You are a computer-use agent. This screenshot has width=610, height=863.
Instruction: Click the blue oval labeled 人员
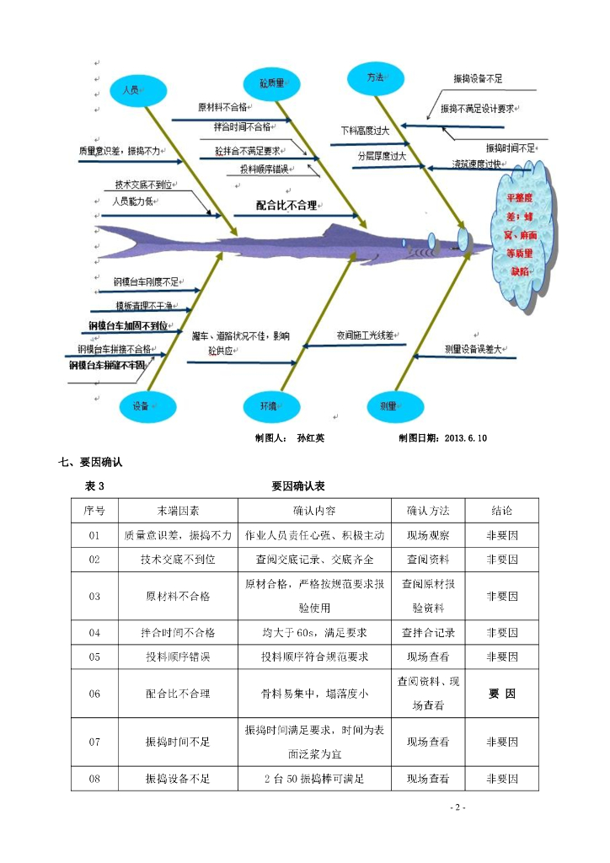(132, 89)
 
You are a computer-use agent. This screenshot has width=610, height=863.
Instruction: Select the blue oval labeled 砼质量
(271, 83)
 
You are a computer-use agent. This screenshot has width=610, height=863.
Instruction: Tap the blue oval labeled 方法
(376, 78)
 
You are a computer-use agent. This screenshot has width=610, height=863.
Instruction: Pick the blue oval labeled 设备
(142, 406)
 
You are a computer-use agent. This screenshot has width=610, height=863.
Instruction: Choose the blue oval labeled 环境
(270, 406)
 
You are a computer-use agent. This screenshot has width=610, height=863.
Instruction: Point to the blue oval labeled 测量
(388, 406)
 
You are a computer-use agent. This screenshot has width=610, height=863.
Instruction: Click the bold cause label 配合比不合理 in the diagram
(292, 204)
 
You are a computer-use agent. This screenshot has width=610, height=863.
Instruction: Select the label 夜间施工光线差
(366, 335)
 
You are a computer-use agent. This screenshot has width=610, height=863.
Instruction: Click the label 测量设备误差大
(473, 348)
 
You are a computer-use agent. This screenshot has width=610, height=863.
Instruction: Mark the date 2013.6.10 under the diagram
(465, 438)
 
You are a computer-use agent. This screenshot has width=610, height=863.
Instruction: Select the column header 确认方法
(428, 511)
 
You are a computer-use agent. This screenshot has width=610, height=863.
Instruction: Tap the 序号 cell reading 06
(94, 694)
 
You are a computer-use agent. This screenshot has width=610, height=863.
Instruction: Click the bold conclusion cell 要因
(502, 694)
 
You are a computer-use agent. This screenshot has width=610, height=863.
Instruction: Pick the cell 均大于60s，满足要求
(314, 632)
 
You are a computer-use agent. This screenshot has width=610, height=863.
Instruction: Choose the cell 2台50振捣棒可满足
(314, 779)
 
